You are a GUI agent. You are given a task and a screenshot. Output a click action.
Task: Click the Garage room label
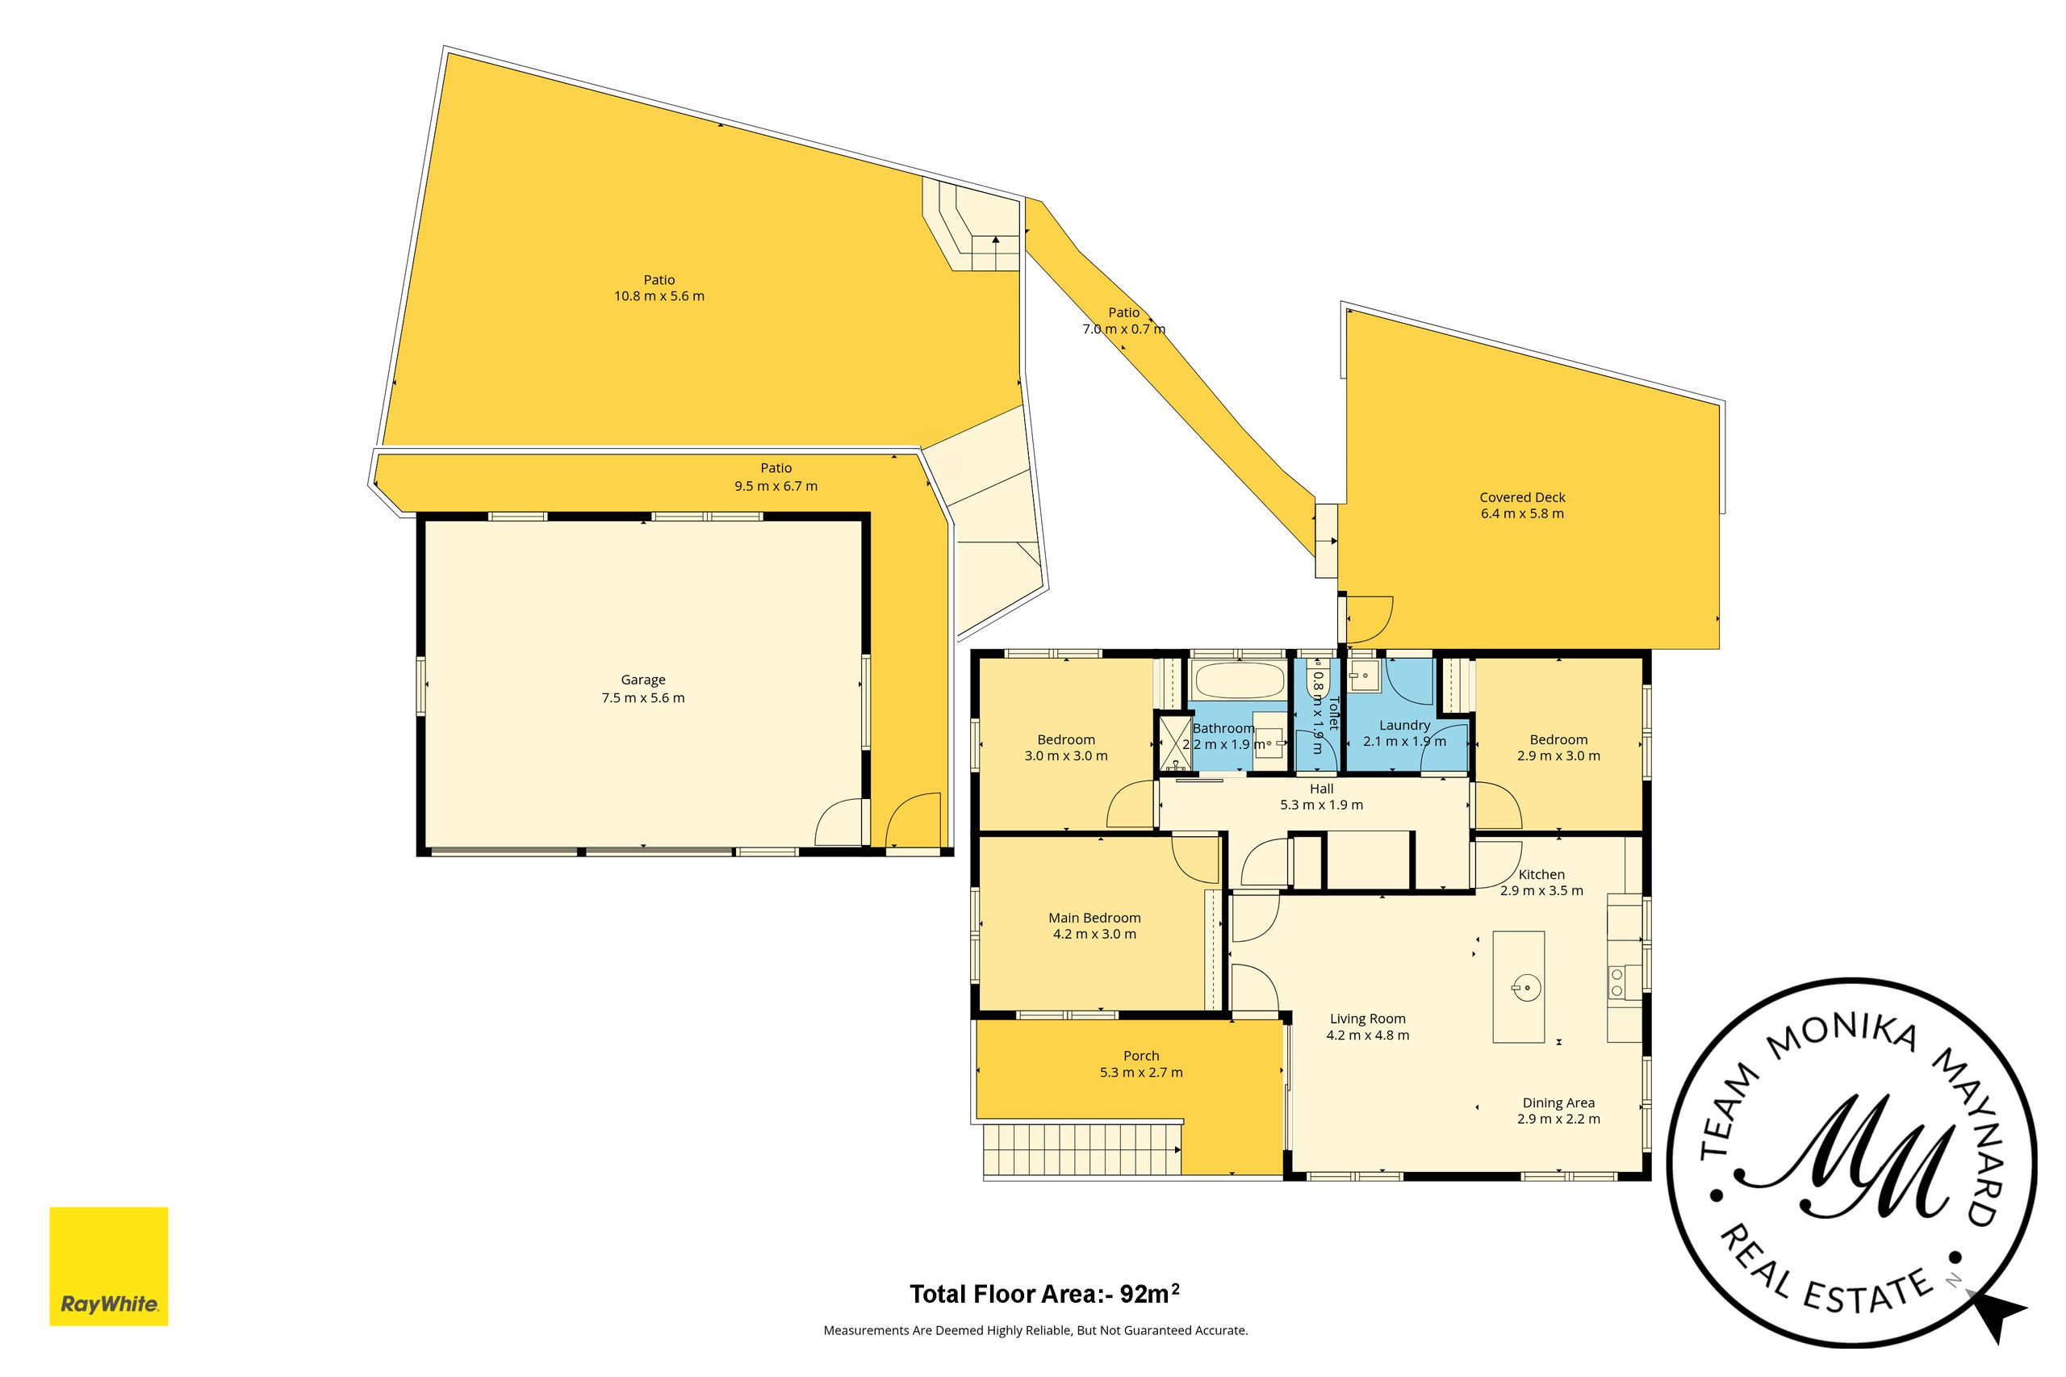tap(642, 680)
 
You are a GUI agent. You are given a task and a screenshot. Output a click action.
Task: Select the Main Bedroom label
tap(1094, 918)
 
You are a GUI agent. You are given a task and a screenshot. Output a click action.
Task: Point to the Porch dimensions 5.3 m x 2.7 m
tap(1140, 1072)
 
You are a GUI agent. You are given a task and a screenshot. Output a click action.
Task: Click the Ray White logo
tap(108, 1266)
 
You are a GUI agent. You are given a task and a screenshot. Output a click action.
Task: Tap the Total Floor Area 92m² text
tap(1044, 1294)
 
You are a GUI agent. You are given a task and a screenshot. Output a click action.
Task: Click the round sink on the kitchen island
tap(1526, 988)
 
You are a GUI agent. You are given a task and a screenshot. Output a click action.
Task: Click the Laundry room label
tap(1404, 726)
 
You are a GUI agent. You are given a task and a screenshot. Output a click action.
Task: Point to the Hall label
tap(1321, 789)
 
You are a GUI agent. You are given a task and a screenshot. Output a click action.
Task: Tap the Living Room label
tap(1367, 1019)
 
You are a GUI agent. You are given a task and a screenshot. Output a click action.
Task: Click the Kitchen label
tap(1541, 875)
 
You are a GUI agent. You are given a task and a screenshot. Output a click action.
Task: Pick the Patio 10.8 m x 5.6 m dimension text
tap(659, 296)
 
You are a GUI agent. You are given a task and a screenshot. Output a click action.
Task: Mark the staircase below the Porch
tap(1081, 1149)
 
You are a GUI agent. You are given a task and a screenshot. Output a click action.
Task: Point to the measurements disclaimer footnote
tap(1035, 1330)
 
